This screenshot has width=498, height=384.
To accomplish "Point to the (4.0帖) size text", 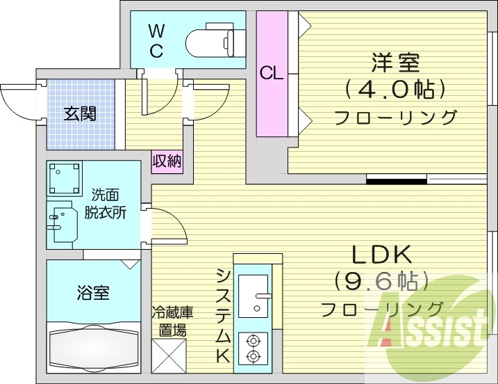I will [394, 89].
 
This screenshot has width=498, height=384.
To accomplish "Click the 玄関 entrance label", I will [80, 113].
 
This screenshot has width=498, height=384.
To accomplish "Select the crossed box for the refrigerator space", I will [169, 357].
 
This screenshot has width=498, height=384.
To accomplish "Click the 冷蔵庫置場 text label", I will [172, 321].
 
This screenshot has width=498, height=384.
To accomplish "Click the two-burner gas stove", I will [253, 348].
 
